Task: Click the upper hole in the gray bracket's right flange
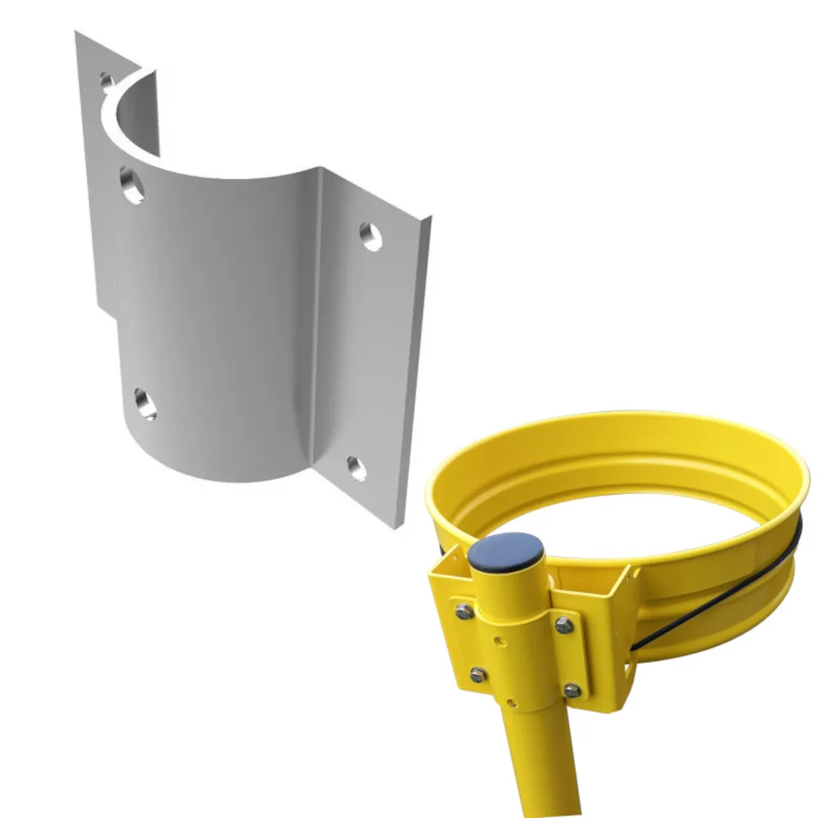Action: coord(371,236)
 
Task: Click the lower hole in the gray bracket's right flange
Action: coord(357,467)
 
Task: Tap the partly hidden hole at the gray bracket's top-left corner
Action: coord(106,80)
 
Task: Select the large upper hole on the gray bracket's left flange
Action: coord(133,184)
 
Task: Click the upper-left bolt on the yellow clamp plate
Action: coord(464,609)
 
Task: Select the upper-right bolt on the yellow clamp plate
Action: coord(563,626)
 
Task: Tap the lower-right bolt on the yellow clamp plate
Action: coord(572,690)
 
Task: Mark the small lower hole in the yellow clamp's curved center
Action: coord(510,701)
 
